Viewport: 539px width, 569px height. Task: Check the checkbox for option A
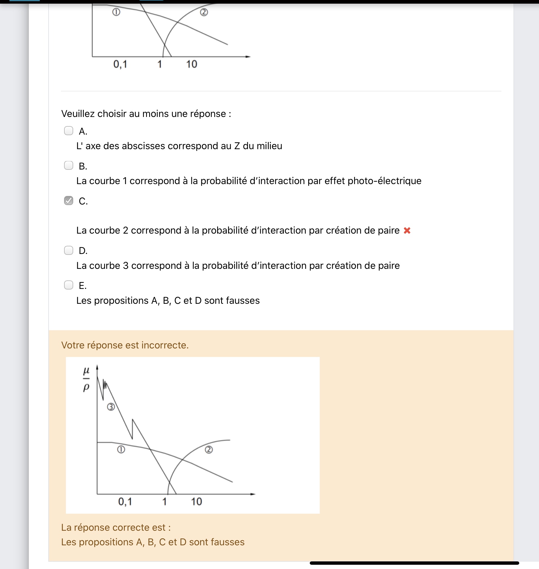pos(69,131)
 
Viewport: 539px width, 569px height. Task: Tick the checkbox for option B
pos(69,166)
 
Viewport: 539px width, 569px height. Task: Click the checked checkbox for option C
pos(69,201)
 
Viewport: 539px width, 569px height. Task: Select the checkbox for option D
pos(69,250)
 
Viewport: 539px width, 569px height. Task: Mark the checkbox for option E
pos(69,285)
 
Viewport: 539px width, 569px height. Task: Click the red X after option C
pos(407,231)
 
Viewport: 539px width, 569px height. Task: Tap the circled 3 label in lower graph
pos(111,407)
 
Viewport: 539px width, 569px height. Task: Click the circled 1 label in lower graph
pos(121,449)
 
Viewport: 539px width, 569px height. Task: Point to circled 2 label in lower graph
pos(209,450)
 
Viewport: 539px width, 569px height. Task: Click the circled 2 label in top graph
pos(204,12)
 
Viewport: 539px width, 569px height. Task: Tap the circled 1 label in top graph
pos(116,12)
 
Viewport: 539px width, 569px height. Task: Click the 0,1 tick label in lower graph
pos(125,502)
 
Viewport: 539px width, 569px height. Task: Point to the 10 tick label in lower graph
pos(196,502)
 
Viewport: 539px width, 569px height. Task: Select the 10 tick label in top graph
pos(191,64)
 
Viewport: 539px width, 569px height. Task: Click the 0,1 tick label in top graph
pos(120,64)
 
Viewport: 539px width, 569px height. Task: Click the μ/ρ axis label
pos(86,379)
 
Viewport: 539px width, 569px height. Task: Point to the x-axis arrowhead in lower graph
pos(253,494)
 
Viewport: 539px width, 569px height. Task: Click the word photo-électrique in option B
pos(384,181)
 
